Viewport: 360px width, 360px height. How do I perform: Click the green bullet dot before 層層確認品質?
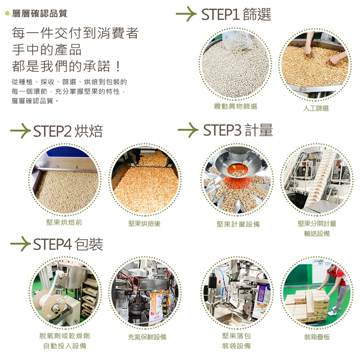(7, 13)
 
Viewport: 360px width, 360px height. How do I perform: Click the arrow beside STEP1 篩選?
(186, 14)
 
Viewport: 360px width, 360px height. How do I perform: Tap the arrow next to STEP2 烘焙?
(21, 131)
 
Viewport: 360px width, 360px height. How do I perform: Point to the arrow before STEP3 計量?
(188, 130)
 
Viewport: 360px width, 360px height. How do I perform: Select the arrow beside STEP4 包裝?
(21, 244)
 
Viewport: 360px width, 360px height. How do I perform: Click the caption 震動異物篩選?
(235, 106)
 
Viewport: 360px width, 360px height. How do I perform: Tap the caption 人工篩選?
(316, 108)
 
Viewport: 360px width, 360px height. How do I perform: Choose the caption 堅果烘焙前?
(64, 222)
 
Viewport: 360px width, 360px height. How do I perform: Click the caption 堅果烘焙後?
(144, 224)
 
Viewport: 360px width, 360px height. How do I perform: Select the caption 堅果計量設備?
(238, 224)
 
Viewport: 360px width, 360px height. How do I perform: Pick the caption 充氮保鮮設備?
(147, 337)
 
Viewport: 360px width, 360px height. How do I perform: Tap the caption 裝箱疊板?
(317, 337)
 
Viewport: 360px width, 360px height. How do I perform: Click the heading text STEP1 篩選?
(236, 14)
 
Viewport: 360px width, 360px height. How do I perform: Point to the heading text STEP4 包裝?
(68, 244)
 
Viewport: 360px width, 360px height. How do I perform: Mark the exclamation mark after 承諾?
(118, 66)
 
